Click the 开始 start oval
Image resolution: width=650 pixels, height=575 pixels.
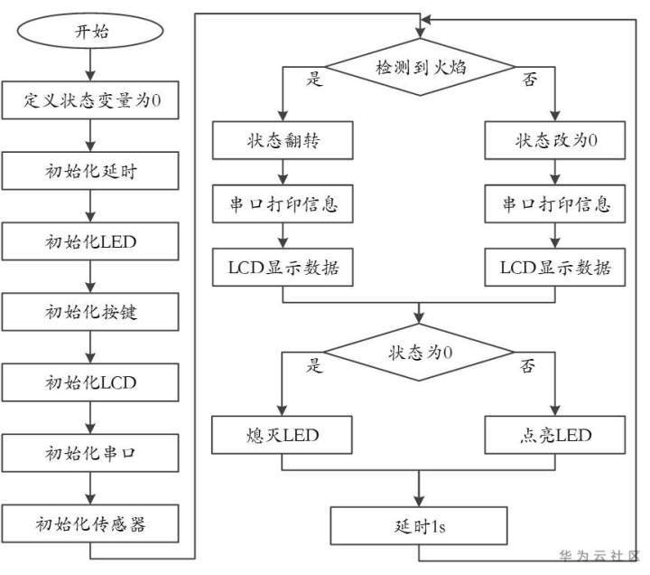click(x=90, y=31)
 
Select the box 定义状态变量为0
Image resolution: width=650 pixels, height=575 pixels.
click(x=90, y=100)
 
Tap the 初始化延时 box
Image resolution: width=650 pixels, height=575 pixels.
click(x=90, y=171)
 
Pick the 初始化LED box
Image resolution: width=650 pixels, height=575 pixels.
click(x=90, y=241)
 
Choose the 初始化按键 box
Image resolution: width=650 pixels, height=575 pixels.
click(x=90, y=312)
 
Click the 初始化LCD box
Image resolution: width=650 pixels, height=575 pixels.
click(x=90, y=382)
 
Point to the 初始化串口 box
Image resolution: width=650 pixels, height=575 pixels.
click(x=90, y=453)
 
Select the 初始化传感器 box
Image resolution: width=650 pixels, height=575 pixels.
click(x=90, y=523)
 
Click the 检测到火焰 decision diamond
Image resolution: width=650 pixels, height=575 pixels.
click(x=420, y=67)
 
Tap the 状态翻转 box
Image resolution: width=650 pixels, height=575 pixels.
click(x=283, y=140)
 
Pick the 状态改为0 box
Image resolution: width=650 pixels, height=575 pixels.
click(x=555, y=140)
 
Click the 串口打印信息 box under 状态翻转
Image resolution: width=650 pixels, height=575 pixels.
click(x=283, y=203)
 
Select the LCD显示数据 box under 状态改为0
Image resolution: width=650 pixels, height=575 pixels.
click(x=555, y=268)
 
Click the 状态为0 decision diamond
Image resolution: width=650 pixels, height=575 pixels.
click(x=419, y=353)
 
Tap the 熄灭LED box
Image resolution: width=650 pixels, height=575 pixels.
click(x=282, y=435)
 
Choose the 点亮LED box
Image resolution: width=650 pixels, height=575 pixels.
click(x=555, y=435)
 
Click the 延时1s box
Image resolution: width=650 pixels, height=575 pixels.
click(x=419, y=525)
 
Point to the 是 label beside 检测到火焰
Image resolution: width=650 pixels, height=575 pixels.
click(x=314, y=78)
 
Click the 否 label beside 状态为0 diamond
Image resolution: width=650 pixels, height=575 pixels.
click(x=528, y=366)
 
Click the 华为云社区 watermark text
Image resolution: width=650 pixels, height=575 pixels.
click(x=599, y=555)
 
